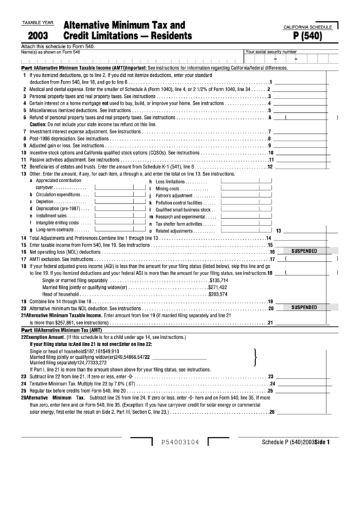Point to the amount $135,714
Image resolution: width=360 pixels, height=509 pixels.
click(219, 279)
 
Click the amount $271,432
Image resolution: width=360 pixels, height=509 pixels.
click(217, 287)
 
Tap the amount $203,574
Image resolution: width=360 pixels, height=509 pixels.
click(217, 294)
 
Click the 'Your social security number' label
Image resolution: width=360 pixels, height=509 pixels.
click(271, 51)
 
